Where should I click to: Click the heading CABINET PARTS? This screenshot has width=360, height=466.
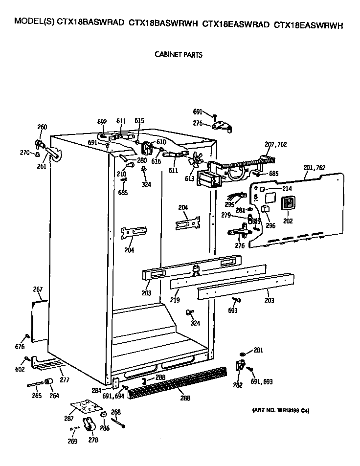(178, 55)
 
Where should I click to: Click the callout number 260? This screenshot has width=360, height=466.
(42, 127)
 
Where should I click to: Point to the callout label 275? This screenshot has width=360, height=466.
(198, 123)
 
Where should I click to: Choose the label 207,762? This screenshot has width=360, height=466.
(274, 145)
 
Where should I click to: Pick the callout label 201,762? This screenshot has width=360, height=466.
(314, 168)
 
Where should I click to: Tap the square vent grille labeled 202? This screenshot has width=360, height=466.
(288, 203)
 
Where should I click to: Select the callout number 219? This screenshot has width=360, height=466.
(175, 300)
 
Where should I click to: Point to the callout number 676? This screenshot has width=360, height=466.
(20, 347)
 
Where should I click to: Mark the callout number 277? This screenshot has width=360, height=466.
(65, 379)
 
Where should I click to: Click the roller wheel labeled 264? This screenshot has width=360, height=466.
(49, 382)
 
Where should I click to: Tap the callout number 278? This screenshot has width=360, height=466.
(93, 440)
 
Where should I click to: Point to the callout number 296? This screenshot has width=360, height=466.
(270, 225)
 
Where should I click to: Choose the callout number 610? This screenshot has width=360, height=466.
(161, 141)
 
